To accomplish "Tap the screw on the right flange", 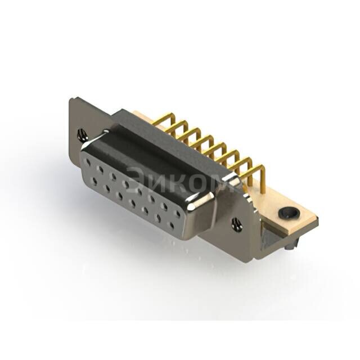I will click(237, 224).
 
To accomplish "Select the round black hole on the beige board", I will click(289, 213).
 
